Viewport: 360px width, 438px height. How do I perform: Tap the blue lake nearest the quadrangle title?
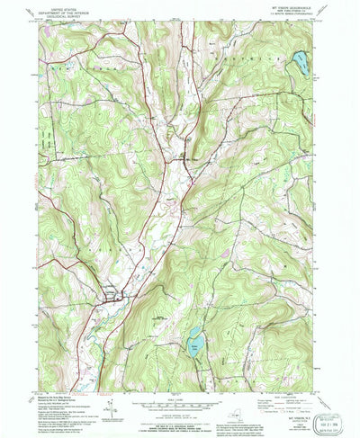coord(299,63)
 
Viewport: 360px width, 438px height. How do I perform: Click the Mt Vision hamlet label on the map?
coord(187,159)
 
